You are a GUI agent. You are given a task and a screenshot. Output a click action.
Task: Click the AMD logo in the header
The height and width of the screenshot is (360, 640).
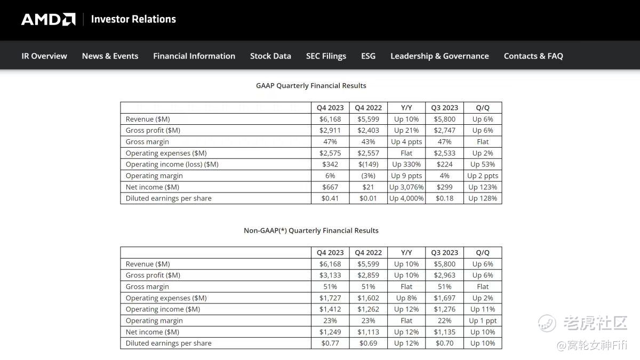point(48,20)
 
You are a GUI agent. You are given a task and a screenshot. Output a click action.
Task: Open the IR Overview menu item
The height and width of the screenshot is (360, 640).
point(44,56)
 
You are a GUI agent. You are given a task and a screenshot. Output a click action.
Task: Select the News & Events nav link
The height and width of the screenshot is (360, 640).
point(110,56)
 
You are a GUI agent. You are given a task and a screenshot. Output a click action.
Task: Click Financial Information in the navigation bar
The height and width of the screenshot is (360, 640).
point(194,56)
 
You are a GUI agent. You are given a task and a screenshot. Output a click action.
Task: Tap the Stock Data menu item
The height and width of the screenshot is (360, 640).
point(270,56)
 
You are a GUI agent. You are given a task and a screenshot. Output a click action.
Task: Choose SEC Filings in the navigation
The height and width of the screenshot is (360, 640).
point(326,56)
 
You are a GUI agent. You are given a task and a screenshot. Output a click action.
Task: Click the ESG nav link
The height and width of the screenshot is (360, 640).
point(368,56)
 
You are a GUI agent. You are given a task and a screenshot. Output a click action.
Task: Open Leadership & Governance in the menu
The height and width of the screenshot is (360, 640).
point(439,56)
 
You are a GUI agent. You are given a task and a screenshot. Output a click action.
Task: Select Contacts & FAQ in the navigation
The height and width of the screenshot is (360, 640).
point(533,56)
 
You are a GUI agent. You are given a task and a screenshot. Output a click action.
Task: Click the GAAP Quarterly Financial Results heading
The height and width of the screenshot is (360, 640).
point(311,85)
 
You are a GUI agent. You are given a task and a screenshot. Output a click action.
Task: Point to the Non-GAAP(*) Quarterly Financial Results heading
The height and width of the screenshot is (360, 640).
point(311,230)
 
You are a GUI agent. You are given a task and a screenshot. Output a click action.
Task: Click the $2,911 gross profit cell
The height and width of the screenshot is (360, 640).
point(330,130)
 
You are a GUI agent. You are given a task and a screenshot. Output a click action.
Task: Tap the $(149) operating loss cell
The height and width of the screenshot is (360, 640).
point(368,164)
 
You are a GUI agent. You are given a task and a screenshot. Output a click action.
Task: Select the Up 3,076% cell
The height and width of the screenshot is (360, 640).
point(406,187)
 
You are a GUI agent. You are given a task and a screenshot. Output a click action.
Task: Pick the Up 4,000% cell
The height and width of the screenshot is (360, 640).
point(406,198)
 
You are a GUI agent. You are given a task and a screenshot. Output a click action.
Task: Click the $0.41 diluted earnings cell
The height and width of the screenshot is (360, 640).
point(330,198)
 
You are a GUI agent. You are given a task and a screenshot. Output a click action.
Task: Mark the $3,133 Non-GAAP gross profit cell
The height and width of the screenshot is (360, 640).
point(330,275)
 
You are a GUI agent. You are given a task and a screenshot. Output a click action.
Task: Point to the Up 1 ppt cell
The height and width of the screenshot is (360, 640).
point(483,321)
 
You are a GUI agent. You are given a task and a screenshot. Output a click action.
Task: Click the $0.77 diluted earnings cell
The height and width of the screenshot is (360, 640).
point(330,343)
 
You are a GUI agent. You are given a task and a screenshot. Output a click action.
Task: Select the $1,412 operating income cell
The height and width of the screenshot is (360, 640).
point(330,309)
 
